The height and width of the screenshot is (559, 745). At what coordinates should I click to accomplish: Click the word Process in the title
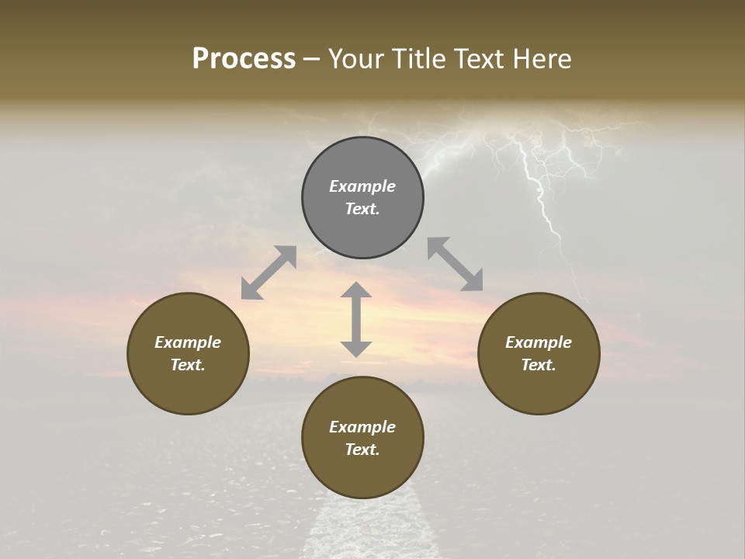pos(244,59)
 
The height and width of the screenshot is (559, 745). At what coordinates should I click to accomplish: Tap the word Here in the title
pos(540,59)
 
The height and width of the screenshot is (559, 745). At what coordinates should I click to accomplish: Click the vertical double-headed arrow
pos(356,319)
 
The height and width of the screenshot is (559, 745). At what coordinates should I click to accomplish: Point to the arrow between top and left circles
pos(269,273)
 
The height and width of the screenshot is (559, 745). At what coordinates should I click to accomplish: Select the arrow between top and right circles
pos(456,264)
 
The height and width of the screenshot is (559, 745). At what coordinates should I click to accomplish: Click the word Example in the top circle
pos(362,186)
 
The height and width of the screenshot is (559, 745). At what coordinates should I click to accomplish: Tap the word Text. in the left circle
pos(188,365)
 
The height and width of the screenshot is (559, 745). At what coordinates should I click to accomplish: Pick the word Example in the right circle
pos(539,342)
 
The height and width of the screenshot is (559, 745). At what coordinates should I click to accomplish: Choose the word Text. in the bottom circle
pos(362,450)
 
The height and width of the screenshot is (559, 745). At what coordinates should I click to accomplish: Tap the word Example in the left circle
pos(188,342)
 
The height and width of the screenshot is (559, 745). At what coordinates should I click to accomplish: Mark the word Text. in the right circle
pos(539,365)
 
